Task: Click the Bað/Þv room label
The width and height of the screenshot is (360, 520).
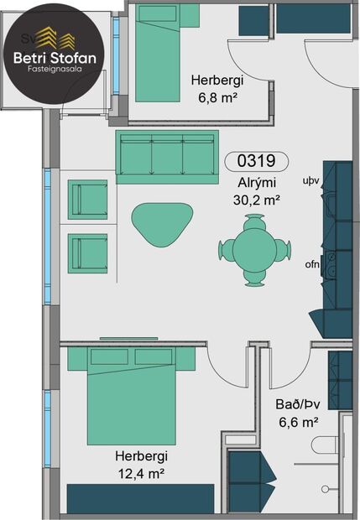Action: [297, 404]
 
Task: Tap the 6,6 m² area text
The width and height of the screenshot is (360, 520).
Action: [297, 422]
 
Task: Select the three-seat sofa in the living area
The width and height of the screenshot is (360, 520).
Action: [167, 156]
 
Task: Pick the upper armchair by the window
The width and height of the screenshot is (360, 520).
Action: [88, 200]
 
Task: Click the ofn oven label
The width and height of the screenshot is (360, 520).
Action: [312, 266]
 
